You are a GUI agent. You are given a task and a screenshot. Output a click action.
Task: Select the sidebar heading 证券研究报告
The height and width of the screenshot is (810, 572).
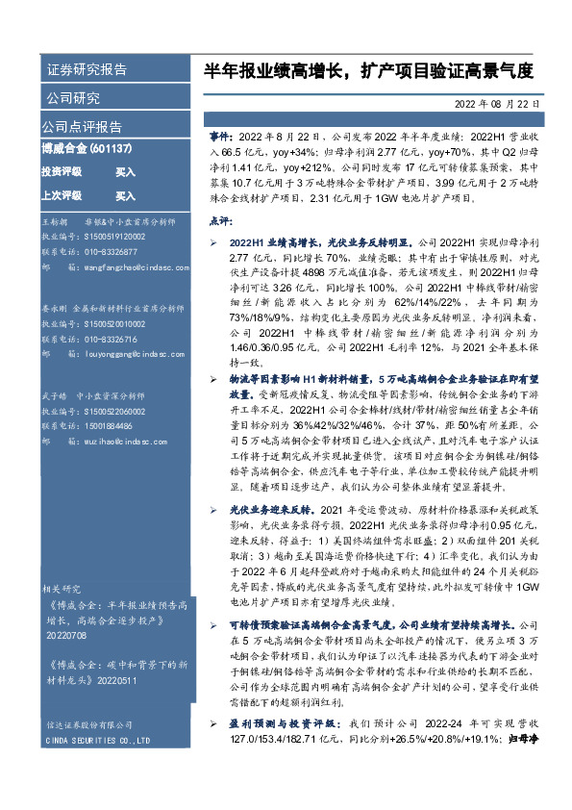87,70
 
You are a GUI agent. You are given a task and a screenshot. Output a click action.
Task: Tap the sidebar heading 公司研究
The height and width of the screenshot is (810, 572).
73,98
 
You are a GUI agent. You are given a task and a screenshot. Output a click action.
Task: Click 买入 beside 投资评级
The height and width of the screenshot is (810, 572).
125,171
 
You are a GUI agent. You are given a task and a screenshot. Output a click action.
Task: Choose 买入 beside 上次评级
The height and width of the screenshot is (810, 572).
125,196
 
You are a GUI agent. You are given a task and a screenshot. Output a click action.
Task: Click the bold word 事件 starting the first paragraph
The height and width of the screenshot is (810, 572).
219,138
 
